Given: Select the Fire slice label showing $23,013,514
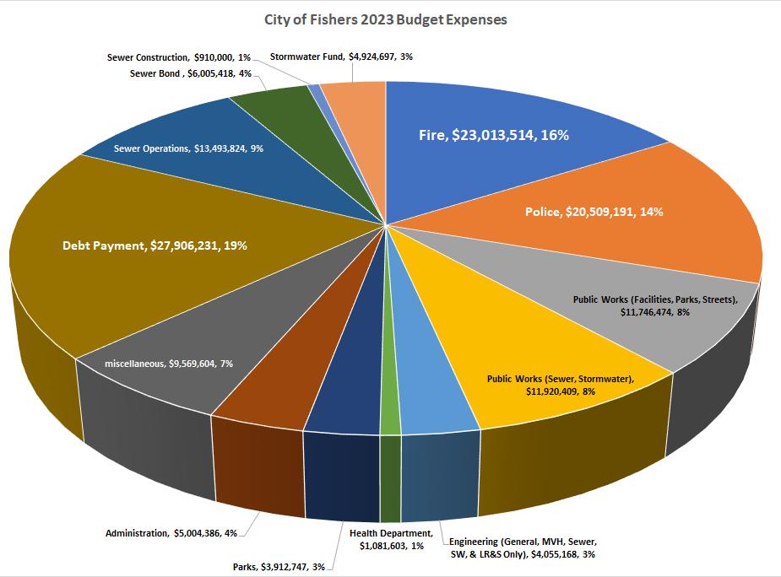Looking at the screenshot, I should pos(493,134).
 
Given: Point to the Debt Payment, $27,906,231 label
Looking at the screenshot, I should pos(155,245).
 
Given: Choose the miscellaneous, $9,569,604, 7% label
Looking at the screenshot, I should pos(169,363).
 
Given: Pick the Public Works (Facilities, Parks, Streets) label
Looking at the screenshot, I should pos(655,305).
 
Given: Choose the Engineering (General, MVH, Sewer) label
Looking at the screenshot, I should pos(528,547).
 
